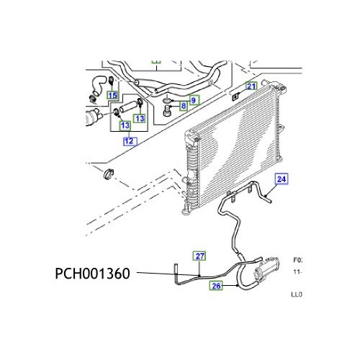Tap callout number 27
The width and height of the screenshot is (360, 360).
(199, 256)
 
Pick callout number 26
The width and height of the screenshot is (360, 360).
(215, 287)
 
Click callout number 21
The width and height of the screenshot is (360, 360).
(251, 86)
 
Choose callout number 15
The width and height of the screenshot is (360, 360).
(112, 95)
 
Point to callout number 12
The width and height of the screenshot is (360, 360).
(128, 142)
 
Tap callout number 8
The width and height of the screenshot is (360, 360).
(183, 107)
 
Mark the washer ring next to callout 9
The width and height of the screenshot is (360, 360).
(167, 100)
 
